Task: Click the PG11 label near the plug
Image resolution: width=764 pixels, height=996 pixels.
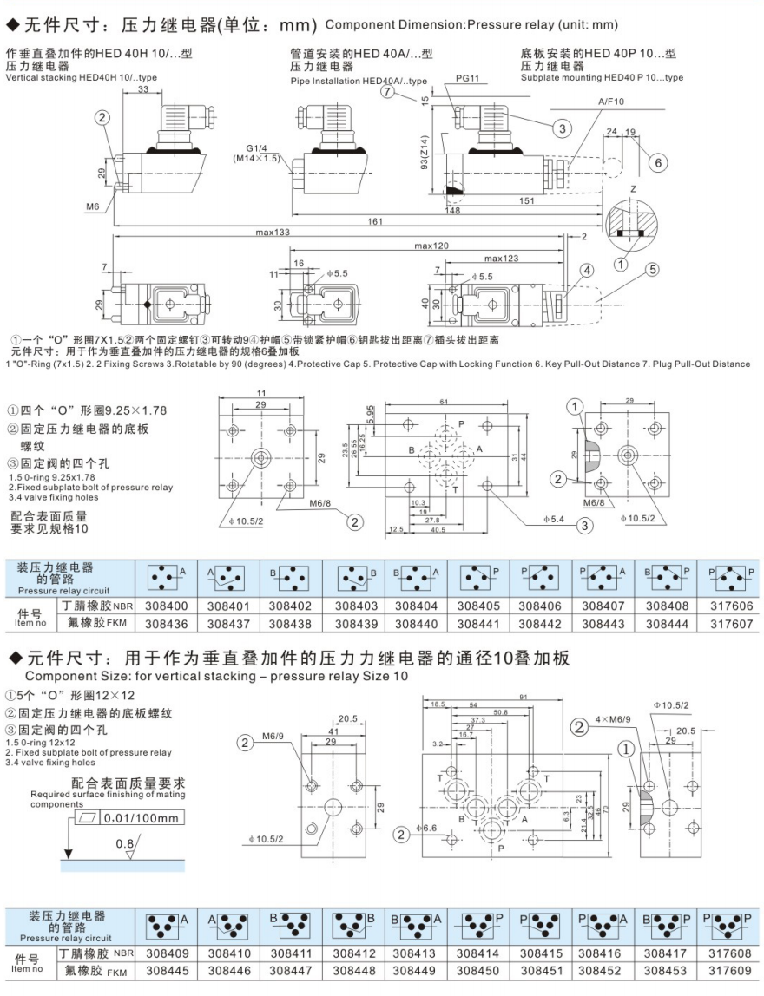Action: (468, 79)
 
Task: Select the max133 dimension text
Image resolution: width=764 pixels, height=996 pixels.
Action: (272, 233)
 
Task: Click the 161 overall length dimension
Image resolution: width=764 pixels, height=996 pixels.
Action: (374, 222)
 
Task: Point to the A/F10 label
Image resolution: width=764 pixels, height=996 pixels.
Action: (610, 102)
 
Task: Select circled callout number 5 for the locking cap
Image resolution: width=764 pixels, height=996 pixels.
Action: (651, 270)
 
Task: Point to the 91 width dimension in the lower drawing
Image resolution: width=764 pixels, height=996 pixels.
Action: (524, 697)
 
